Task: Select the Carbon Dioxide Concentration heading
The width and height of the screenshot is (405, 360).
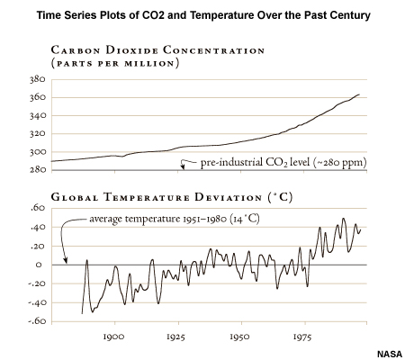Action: coord(157,56)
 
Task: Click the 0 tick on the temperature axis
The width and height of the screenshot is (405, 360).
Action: coord(38,265)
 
